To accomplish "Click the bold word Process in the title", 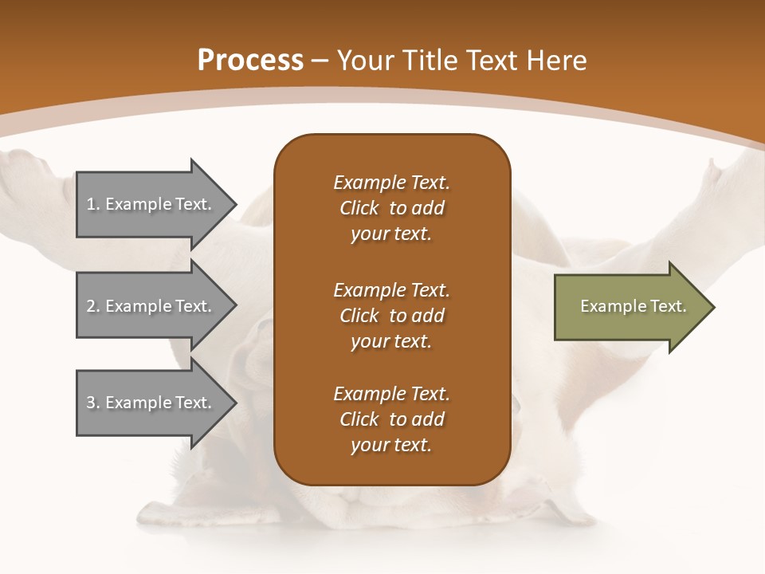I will [250, 61].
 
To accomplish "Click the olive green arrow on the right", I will [630, 307].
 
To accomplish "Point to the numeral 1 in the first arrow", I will [91, 204].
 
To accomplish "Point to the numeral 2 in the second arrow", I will [91, 306].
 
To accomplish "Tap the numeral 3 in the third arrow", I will [91, 403].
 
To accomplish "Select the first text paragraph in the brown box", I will [391, 208].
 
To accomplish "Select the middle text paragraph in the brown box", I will [391, 315].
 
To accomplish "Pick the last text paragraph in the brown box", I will [391, 419].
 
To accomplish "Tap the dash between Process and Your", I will [320, 61].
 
